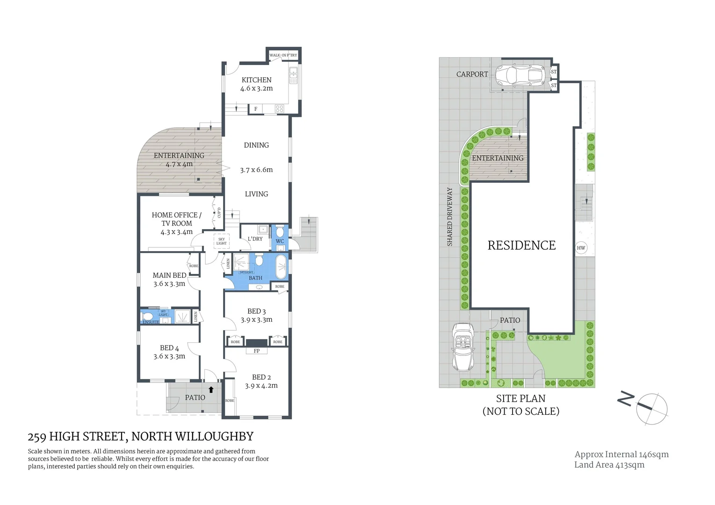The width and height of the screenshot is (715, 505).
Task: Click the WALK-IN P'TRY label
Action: [x=283, y=55]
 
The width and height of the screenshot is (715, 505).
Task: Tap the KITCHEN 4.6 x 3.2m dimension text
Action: [x=256, y=88]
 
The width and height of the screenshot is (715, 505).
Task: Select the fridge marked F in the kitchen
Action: [x=255, y=109]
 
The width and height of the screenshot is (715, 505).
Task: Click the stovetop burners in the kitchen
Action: [x=280, y=108]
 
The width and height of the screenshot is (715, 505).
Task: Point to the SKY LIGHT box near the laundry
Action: [x=221, y=241]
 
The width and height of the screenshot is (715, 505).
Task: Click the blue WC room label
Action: [x=280, y=241]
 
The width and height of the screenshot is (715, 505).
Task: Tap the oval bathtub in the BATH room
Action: [x=281, y=267]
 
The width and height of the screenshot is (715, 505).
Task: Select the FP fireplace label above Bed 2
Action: [x=256, y=351]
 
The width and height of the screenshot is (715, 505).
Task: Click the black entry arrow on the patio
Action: [x=211, y=389]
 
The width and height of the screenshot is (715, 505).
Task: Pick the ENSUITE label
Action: [x=151, y=322]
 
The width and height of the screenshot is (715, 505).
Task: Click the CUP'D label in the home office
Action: [x=219, y=212]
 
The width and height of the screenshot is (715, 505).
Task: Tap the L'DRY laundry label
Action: [x=255, y=239]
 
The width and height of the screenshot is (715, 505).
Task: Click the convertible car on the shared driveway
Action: [x=463, y=346]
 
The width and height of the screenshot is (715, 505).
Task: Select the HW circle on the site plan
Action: [x=581, y=248]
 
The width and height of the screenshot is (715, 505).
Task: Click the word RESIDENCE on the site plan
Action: [x=521, y=245]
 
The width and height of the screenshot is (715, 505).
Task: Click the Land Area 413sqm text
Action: [x=609, y=465]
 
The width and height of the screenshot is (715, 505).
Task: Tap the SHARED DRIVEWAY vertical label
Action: [x=450, y=216]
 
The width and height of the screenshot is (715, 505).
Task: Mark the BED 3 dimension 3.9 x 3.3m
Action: [x=256, y=320]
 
